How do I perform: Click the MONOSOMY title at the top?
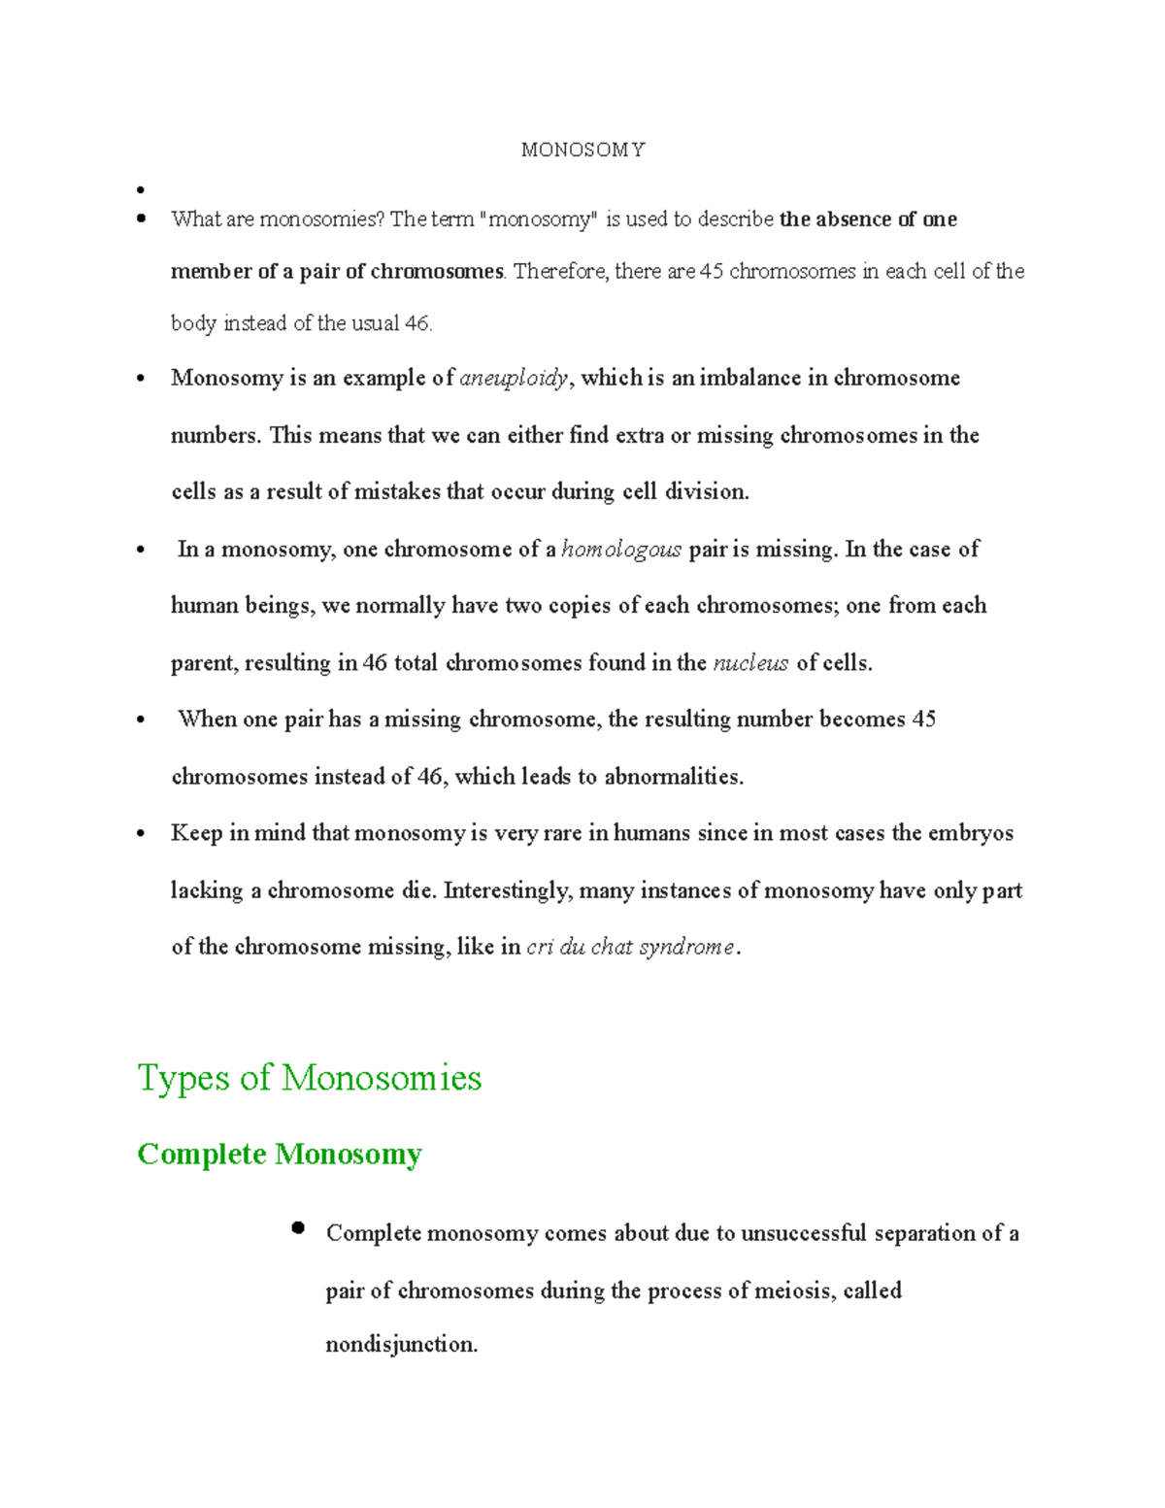click(582, 150)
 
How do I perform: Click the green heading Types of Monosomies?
click(310, 1078)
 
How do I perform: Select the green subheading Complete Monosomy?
click(280, 1154)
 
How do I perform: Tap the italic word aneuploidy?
click(514, 379)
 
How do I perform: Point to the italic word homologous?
click(621, 550)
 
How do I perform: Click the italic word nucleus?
click(750, 663)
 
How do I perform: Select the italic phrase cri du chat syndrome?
click(630, 948)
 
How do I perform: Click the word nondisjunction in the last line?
click(400, 1345)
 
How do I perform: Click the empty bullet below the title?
click(142, 189)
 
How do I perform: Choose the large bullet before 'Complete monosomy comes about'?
click(298, 1228)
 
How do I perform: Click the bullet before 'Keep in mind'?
click(142, 834)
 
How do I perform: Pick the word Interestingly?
click(507, 890)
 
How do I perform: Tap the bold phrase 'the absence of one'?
click(868, 219)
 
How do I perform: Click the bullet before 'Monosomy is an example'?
click(142, 379)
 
